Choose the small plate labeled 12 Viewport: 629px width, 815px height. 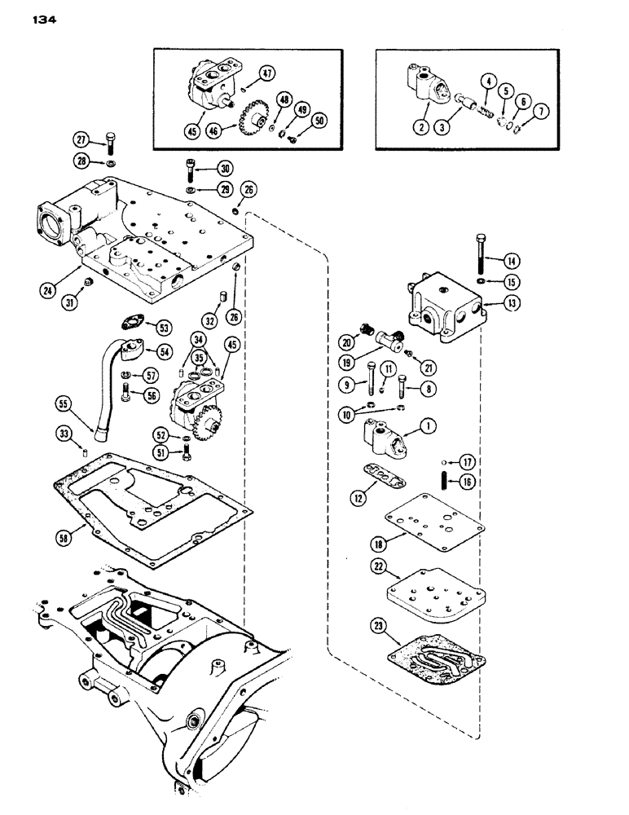tap(377, 474)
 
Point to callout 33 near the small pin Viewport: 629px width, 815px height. tap(64, 433)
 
